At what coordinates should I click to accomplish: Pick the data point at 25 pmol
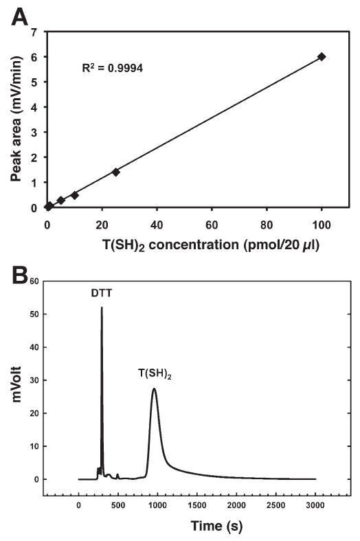[115, 172]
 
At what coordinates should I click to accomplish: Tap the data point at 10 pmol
[74, 195]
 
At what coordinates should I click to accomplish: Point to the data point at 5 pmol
[60, 200]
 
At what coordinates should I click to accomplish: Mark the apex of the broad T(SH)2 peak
[155, 389]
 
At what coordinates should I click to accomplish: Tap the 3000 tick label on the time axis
[315, 507]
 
